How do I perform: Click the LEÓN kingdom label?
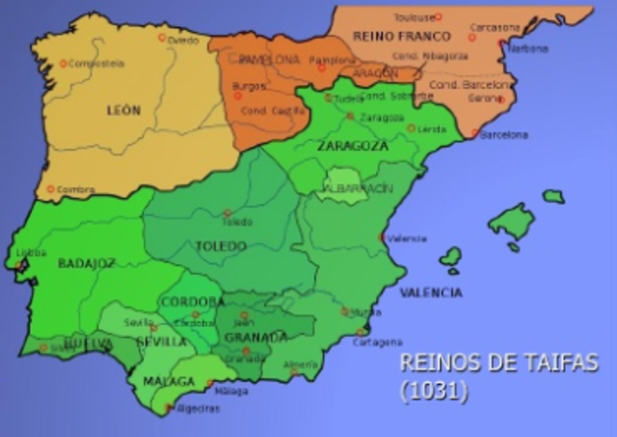click(x=123, y=110)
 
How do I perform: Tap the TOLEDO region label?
click(x=222, y=246)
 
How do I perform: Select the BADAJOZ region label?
click(x=87, y=262)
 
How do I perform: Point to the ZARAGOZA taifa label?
click(x=352, y=146)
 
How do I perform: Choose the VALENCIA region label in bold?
click(x=430, y=291)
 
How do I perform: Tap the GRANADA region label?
click(x=255, y=338)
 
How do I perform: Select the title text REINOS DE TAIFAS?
click(x=498, y=365)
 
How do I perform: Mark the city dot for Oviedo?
click(x=162, y=38)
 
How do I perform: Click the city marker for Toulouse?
click(x=438, y=16)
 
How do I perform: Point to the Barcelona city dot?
click(x=475, y=134)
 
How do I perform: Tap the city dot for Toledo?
click(x=228, y=213)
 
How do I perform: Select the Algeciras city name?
click(x=198, y=409)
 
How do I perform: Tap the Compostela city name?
click(x=99, y=64)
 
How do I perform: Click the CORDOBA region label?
click(x=192, y=302)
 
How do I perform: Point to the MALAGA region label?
click(x=169, y=381)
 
